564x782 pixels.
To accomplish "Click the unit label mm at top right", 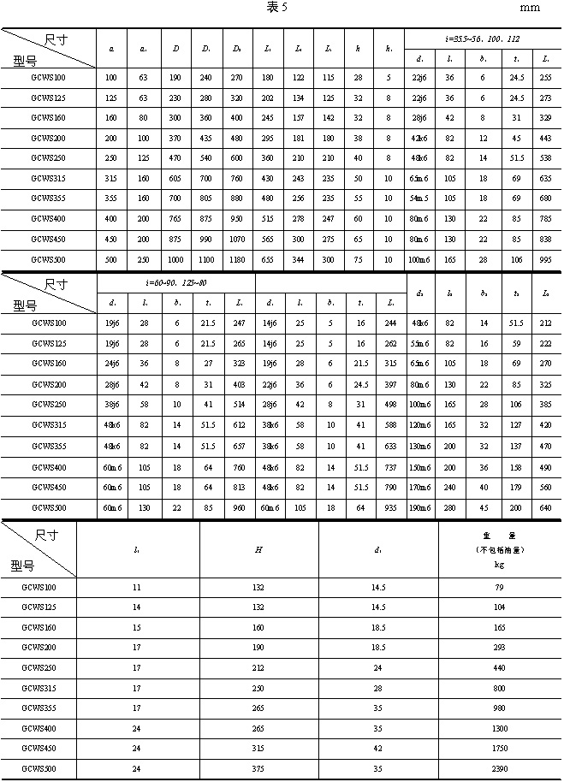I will click(531, 8).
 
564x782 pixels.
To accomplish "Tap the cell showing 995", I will click(546, 258).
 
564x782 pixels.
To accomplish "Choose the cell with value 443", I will click(546, 137).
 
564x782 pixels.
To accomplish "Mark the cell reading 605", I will click(175, 178).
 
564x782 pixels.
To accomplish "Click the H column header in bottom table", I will click(259, 548).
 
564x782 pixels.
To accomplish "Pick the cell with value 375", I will click(259, 769).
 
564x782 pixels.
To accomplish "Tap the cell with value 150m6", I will click(420, 466).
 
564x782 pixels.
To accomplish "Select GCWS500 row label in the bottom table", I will click(38, 769).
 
